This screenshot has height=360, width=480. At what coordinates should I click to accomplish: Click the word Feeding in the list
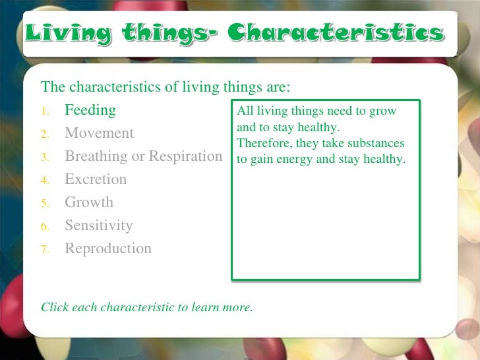90,110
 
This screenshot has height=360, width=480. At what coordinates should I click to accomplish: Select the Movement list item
99,133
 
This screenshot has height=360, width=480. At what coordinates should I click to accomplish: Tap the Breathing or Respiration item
143,156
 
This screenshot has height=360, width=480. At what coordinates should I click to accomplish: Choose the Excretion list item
95,179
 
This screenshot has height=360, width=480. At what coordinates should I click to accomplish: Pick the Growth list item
88,202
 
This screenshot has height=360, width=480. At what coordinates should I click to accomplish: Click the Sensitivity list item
98,225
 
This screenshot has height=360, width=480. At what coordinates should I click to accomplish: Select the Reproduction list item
107,249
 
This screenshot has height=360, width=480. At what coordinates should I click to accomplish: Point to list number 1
45,111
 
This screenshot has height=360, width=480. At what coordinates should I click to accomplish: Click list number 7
45,250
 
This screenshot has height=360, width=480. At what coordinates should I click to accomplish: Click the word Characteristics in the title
336,33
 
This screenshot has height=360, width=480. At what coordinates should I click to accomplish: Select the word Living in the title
59,33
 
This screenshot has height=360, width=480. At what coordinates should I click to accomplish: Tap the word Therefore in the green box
262,143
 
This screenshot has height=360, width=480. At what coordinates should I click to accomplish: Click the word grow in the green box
383,111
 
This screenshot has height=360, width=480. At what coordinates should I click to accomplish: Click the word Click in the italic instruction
55,307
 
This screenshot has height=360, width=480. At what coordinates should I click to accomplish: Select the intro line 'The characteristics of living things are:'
165,87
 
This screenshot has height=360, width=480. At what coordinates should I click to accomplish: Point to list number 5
45,204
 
